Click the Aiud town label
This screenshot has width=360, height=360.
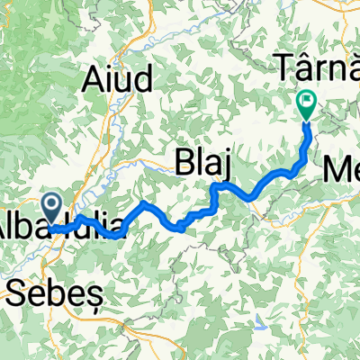pyautogui.click(x=117, y=80)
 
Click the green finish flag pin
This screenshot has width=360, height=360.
pyautogui.click(x=306, y=106)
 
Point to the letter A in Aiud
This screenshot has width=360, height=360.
pyautogui.click(x=93, y=80)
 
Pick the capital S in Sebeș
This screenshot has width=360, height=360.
pyautogui.click(x=17, y=290)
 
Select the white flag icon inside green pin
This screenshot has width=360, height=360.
pyautogui.click(x=306, y=103)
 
